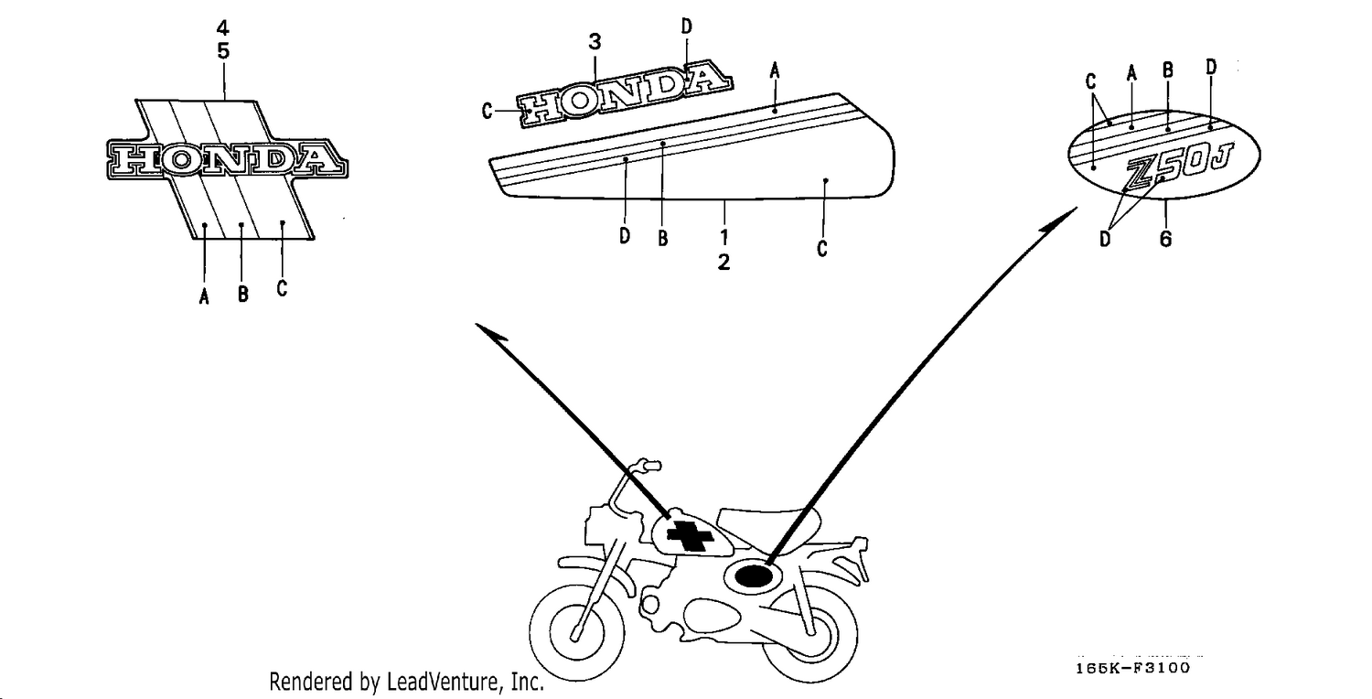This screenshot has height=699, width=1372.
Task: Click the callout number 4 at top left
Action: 223,27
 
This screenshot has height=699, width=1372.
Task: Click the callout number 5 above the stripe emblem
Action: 223,51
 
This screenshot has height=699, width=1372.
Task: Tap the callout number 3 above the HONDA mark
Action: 595,42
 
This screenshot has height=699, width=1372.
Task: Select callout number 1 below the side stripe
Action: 724,236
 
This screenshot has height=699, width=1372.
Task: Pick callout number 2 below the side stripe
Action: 724,263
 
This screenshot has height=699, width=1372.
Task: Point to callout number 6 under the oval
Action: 1165,239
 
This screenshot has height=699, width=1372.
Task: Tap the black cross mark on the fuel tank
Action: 691,536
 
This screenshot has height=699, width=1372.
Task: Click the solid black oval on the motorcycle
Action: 754,575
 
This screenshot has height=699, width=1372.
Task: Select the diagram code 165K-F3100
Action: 1132,668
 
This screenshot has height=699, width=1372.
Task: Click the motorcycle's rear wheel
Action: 809,637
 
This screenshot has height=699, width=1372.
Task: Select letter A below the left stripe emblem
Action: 204,296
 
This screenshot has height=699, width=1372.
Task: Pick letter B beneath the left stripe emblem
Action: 243,294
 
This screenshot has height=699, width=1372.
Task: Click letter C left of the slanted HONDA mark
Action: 487,111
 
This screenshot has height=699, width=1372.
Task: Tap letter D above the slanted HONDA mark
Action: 687,27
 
